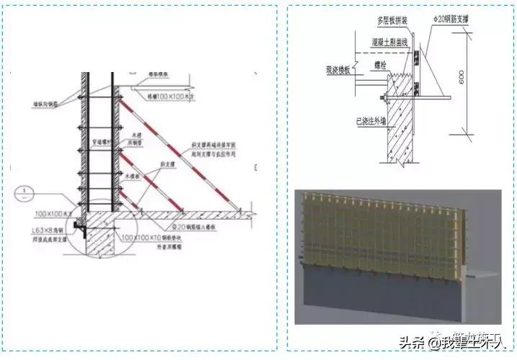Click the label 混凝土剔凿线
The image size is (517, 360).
390,42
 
